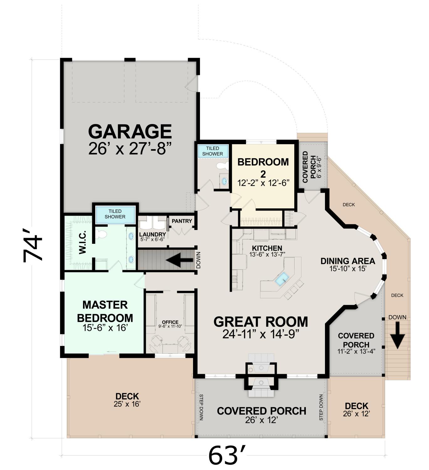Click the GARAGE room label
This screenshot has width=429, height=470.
(130, 132)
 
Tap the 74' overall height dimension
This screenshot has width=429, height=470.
(33, 246)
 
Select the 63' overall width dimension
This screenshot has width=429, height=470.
(227, 456)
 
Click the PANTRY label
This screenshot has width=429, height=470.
(182, 221)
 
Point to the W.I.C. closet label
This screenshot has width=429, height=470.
(82, 242)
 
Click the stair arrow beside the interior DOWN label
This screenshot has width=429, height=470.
(180, 260)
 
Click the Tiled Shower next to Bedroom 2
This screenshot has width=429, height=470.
(213, 151)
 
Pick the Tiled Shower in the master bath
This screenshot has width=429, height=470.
(115, 214)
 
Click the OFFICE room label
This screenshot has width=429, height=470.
(170, 322)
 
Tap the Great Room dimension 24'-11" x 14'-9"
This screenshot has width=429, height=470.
(261, 334)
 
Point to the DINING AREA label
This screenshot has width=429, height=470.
(348, 261)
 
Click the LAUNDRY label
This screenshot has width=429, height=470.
(152, 235)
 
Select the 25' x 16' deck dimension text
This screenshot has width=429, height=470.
(127, 404)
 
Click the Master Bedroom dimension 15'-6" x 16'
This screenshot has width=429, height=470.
(105, 328)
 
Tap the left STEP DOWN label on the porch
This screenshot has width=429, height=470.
(201, 408)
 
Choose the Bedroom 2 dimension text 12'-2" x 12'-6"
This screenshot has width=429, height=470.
(263, 183)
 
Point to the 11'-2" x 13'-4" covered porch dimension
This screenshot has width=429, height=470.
(356, 352)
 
